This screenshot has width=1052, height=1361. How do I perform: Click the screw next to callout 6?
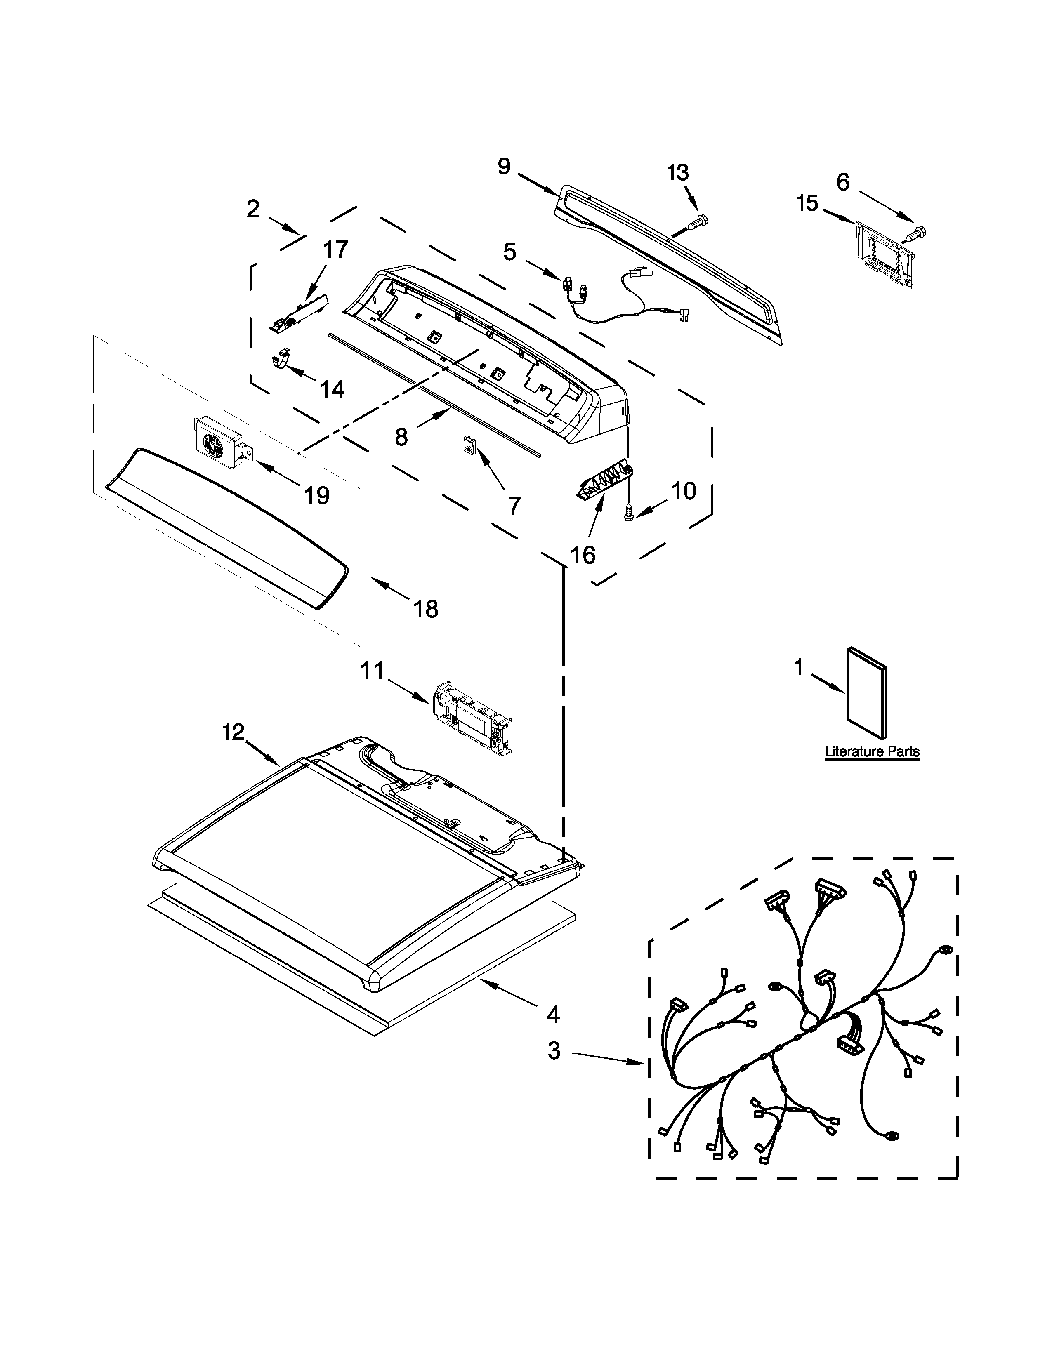pos(916,234)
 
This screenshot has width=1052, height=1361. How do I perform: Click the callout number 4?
pos(553,1015)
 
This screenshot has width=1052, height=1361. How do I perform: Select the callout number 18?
pos(426,608)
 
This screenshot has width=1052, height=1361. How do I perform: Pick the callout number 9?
pos(504,166)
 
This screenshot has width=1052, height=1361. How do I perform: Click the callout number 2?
pos(252,209)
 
